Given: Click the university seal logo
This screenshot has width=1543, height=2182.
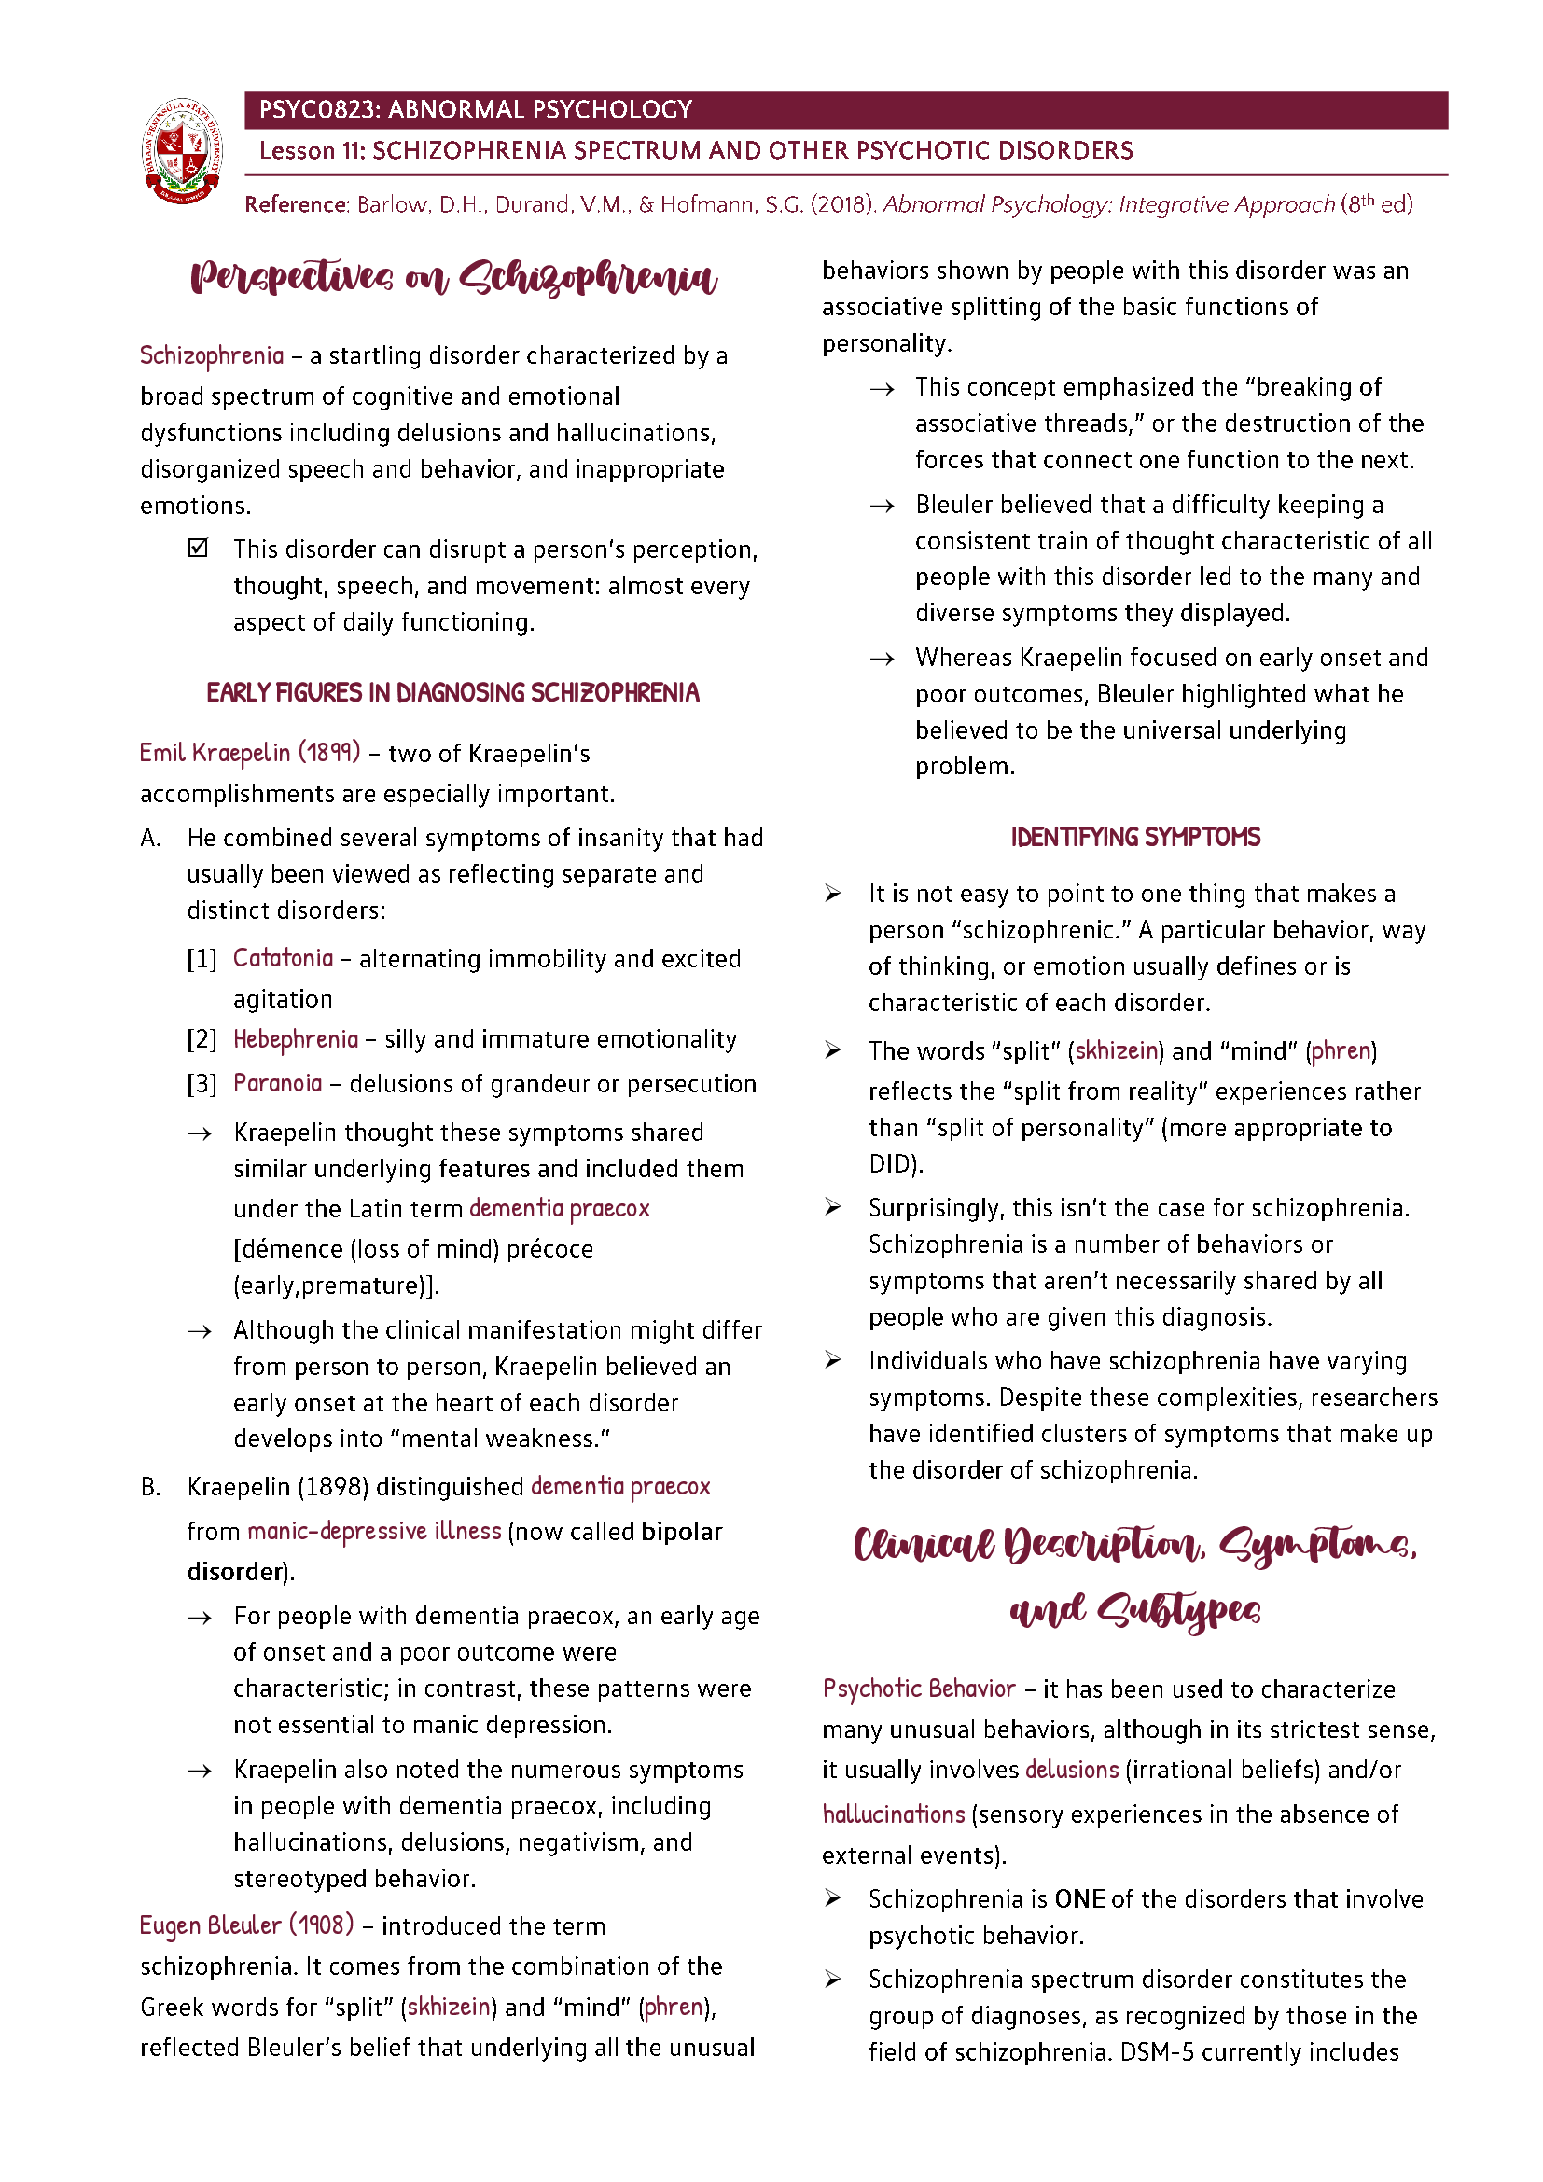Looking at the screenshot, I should (182, 151).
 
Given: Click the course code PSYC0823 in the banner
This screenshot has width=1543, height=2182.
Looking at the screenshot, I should (318, 109).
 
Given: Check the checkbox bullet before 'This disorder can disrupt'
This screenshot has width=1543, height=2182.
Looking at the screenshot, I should (198, 548).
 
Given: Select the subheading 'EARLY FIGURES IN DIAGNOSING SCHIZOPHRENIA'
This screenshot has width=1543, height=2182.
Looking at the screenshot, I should (452, 693).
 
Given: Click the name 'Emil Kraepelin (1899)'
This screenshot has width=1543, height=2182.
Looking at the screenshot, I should (250, 753).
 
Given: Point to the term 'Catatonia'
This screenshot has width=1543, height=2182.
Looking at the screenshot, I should (284, 958).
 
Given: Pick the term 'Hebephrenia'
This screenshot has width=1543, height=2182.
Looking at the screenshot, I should (296, 1038).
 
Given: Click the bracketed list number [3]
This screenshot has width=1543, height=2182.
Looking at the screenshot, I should (202, 1083).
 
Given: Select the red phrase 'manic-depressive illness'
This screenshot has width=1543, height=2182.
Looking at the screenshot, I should (373, 1531).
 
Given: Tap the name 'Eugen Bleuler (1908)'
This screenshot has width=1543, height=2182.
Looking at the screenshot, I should (246, 1925).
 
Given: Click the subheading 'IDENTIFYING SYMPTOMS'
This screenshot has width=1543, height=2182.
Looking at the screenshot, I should (1134, 837).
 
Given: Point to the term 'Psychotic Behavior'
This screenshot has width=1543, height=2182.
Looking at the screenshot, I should (919, 1689).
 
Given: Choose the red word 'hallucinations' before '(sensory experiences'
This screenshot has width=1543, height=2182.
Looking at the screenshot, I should (893, 1814).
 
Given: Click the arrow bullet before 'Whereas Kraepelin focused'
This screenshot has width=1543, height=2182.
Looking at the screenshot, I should (882, 659).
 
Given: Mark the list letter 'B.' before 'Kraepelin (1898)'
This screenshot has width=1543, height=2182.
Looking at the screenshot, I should (151, 1486).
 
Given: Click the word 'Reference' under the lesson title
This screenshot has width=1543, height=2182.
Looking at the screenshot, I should (296, 204).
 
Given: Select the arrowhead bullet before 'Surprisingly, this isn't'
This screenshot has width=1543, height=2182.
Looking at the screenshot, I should (832, 1207).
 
